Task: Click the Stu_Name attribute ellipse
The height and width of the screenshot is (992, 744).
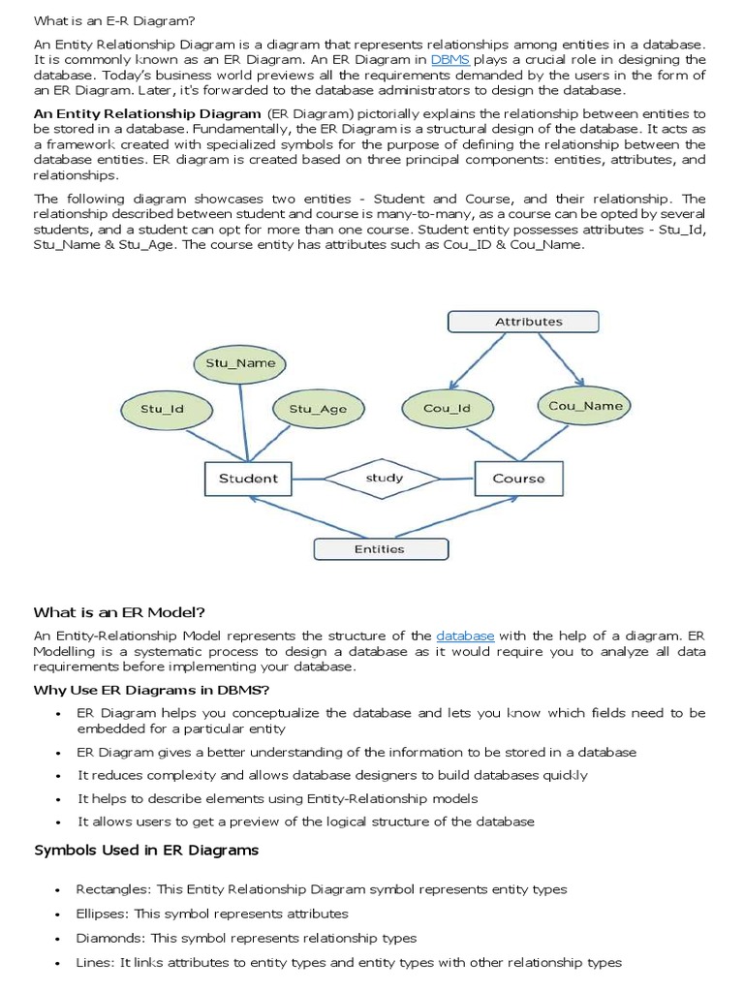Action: pos(240,363)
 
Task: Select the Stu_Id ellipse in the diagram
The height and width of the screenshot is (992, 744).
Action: pos(162,409)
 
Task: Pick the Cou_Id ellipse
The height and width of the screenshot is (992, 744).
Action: pos(447,408)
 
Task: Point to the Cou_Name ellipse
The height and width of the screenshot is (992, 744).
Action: pos(585,406)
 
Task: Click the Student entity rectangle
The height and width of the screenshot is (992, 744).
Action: pos(248,478)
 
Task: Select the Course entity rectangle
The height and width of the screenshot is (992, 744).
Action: pos(518,479)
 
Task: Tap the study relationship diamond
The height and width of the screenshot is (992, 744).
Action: pos(385,478)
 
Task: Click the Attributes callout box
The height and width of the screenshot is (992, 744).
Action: pos(528,321)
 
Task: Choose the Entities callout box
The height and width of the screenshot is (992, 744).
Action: pos(380,548)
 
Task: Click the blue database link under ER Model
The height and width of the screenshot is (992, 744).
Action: pos(465,635)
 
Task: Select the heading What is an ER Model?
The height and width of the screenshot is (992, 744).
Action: pos(120,611)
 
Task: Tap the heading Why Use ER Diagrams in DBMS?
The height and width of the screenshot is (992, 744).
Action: pos(151,690)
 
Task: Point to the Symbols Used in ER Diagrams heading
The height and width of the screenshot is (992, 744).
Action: pos(146,850)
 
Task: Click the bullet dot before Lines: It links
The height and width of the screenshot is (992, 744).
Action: pos(59,964)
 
